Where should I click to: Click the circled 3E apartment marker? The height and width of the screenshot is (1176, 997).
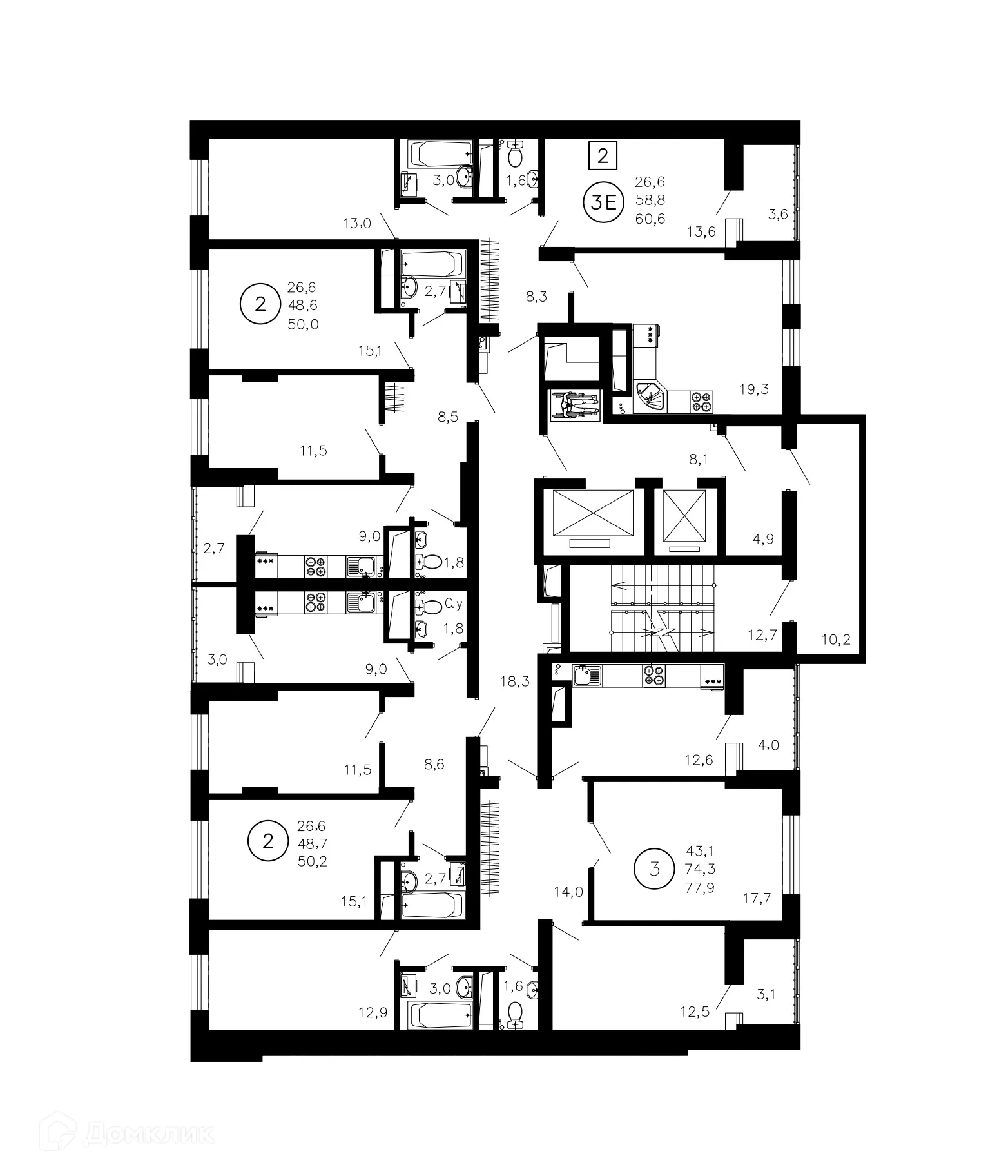coord(603,202)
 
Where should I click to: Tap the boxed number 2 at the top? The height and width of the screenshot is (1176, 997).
coord(603,155)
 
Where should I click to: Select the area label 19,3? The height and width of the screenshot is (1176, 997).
coord(754,389)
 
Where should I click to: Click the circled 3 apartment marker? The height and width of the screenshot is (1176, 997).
coord(655,868)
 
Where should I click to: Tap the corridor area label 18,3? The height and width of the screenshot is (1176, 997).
coord(515,681)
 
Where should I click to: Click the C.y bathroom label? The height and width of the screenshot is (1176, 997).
coord(454,605)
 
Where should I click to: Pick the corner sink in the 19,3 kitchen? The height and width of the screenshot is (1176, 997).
coord(650,397)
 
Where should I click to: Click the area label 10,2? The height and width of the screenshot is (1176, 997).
coord(836,640)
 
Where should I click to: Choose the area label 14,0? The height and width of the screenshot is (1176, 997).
coord(568,892)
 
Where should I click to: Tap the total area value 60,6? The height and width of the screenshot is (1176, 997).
coord(650,219)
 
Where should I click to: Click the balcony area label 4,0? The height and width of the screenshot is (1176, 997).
coord(768,745)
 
